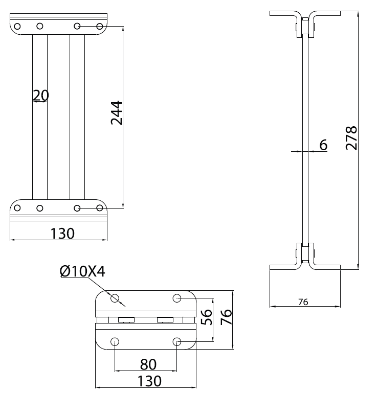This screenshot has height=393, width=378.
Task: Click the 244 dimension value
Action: [117, 113]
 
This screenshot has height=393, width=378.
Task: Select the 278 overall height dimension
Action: [351, 138]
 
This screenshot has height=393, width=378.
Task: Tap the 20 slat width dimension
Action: [40, 95]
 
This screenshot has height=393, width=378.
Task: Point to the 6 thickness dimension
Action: [323, 145]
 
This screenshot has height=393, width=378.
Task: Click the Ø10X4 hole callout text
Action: [82, 271]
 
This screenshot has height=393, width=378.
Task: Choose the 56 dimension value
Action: [207, 317]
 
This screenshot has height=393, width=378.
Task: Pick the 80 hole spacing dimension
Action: [148, 364]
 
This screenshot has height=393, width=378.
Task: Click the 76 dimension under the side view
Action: [303, 302]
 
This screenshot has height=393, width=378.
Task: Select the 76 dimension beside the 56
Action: [226, 317]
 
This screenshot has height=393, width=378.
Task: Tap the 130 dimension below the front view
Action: [62, 234]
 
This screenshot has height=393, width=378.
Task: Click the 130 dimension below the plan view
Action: [149, 381]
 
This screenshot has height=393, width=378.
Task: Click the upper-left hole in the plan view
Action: [115, 298]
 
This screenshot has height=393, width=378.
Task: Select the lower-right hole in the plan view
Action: [177, 341]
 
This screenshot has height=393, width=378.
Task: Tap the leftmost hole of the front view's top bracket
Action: [17, 26]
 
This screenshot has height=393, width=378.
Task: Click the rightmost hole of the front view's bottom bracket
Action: [100, 208]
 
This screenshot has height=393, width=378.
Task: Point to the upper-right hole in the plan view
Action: [177, 298]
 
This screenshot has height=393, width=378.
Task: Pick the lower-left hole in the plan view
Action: [115, 341]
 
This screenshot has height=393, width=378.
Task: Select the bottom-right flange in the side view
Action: [326, 267]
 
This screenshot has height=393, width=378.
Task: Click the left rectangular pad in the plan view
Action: [126, 320]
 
